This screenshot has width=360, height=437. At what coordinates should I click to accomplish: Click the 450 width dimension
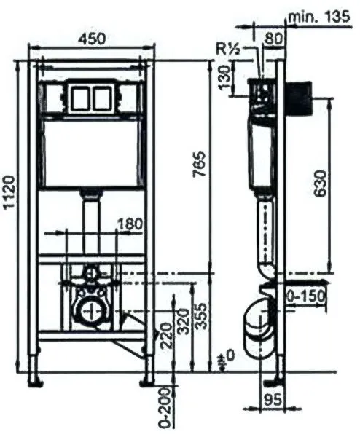click(92, 39)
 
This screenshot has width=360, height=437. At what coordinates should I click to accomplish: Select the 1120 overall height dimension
click(9, 192)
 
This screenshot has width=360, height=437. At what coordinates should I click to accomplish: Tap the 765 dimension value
click(200, 164)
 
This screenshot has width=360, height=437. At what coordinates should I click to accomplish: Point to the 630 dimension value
click(319, 184)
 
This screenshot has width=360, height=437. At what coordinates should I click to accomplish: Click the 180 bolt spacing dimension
click(130, 224)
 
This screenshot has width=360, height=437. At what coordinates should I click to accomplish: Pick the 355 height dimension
click(201, 317)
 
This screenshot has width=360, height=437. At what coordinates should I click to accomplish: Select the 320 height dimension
click(184, 321)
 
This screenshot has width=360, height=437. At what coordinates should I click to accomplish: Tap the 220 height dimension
click(166, 336)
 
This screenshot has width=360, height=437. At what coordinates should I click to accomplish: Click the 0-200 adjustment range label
click(165, 407)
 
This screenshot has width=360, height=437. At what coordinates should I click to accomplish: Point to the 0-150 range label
click(307, 296)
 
